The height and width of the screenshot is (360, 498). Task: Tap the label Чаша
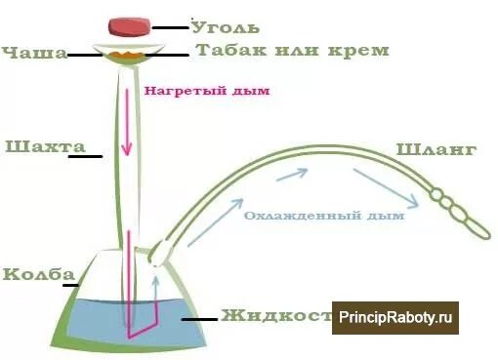point(34,53)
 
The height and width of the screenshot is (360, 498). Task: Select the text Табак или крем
point(292,50)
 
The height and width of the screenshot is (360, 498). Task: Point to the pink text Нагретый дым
point(206,92)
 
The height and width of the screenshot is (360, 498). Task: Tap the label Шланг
point(436,149)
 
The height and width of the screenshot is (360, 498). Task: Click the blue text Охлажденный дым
point(324,216)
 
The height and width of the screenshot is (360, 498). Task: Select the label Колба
point(33,273)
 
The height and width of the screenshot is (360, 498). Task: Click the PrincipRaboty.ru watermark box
point(395,317)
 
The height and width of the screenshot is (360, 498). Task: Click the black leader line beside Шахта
point(85,155)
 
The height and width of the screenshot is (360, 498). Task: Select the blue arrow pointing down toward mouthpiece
point(385,188)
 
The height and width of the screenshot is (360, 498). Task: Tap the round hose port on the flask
point(155,258)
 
